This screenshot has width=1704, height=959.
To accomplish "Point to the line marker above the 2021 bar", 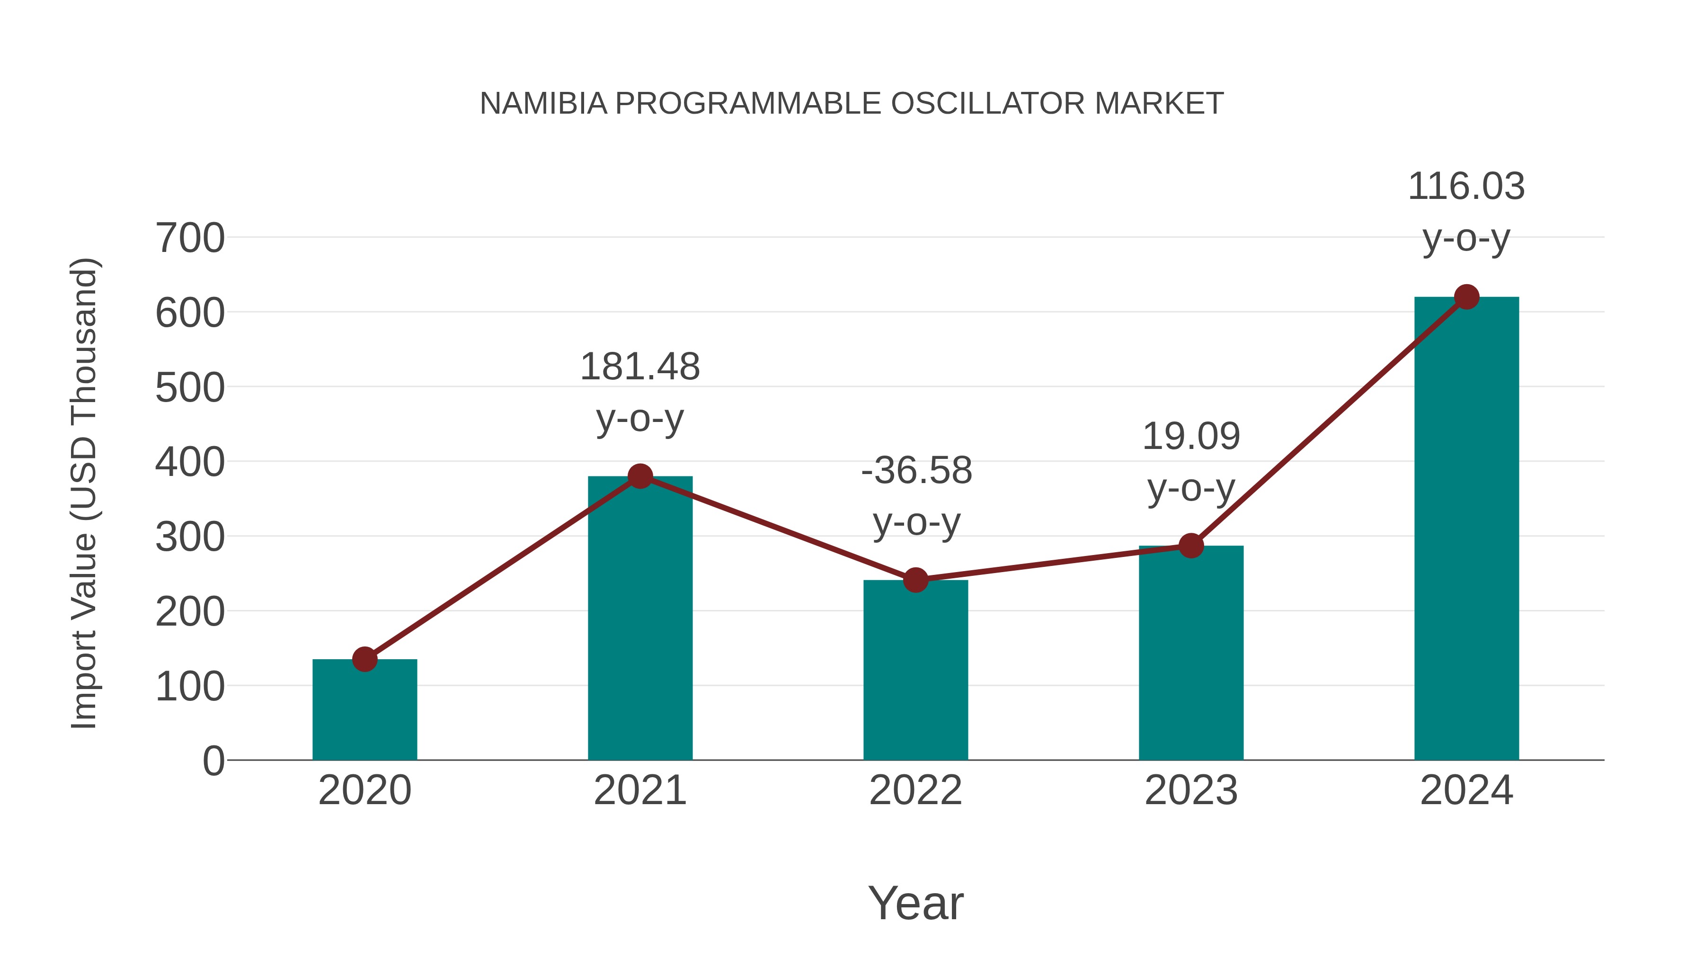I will tap(639, 476).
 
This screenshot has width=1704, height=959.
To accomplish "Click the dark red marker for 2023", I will tap(1191, 546).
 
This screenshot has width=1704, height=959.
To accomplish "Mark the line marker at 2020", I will tap(364, 659).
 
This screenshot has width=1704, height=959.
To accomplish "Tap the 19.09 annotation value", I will tap(1191, 437).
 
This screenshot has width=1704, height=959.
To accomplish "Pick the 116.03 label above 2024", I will tap(1466, 187).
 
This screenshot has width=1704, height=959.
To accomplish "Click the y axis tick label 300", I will tap(190, 538).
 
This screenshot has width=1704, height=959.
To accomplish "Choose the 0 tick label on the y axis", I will tap(213, 761).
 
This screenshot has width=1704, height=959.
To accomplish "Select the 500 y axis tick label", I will tap(190, 388).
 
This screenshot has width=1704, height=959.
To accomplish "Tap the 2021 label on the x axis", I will tap(639, 790).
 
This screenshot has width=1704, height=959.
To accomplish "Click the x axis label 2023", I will tap(1191, 790).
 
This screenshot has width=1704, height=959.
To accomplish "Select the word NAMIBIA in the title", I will tap(543, 104).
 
